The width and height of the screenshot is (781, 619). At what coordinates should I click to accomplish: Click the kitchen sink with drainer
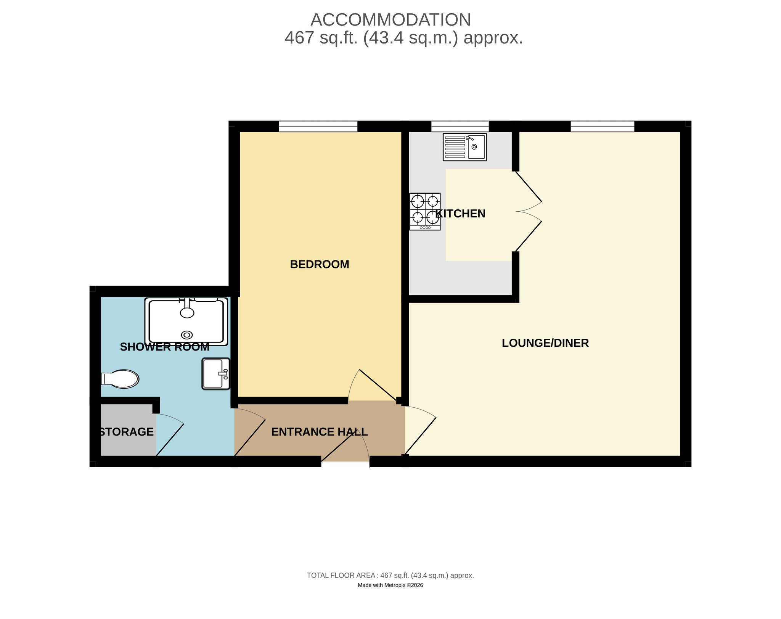click(464, 147)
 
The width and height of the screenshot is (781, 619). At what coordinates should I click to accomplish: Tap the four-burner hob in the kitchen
click(425, 211)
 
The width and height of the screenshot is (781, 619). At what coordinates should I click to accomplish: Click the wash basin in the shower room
click(216, 374)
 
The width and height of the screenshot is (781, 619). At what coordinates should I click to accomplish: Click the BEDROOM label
click(320, 264)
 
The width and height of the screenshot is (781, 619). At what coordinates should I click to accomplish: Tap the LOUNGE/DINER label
click(545, 343)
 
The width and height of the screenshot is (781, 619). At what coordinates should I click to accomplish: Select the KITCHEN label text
click(460, 214)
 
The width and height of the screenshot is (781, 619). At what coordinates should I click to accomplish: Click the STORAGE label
click(126, 432)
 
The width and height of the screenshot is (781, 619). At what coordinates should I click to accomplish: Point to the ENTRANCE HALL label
click(320, 432)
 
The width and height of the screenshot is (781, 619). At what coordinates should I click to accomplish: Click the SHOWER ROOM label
click(165, 347)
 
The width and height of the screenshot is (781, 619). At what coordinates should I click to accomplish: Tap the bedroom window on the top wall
click(318, 126)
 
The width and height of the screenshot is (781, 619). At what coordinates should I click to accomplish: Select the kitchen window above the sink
click(460, 126)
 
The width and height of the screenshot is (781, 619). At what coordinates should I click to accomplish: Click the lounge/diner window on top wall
click(603, 126)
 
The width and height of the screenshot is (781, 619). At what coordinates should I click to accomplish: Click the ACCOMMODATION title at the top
click(391, 20)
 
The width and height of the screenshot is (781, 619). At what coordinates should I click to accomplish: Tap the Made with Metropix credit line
click(390, 585)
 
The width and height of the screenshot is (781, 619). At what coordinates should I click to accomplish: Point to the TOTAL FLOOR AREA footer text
click(390, 575)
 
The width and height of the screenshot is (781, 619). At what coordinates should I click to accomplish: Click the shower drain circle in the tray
click(187, 335)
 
